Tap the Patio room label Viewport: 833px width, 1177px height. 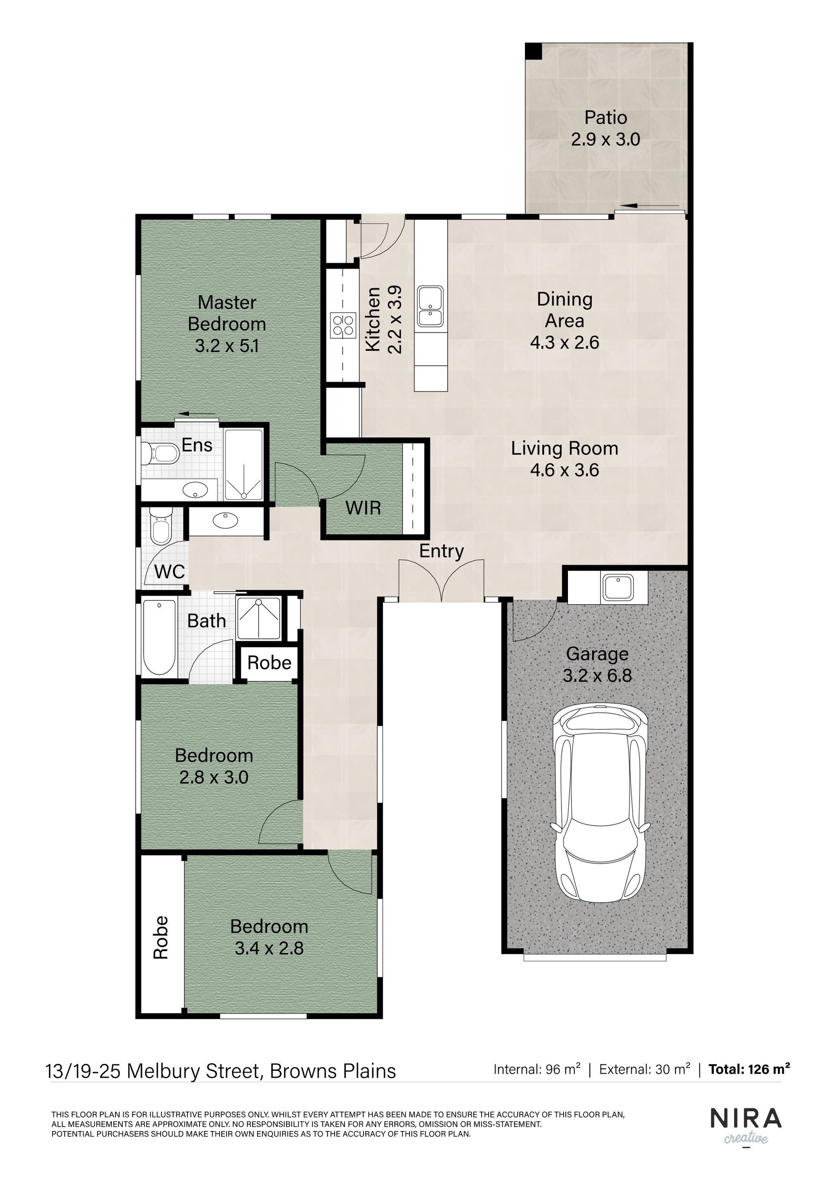click(606, 117)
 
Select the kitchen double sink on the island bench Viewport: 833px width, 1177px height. click(430, 306)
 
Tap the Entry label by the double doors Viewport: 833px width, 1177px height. click(441, 551)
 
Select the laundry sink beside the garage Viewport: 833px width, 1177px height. click(619, 587)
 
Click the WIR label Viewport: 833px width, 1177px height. click(363, 508)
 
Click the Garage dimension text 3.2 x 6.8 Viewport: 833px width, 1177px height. click(597, 676)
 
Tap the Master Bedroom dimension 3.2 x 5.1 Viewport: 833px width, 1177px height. click(227, 346)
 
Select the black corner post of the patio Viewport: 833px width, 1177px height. click(534, 51)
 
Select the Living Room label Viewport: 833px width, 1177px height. click(564, 449)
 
